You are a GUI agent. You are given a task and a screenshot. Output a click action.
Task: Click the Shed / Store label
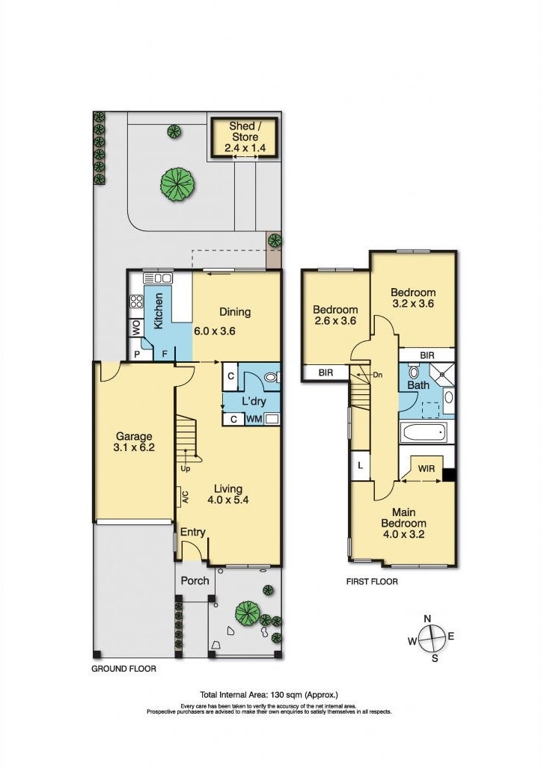[245, 132]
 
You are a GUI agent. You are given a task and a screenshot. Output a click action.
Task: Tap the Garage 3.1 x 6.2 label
[134, 441]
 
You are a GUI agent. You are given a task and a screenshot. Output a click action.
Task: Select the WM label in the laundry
[254, 419]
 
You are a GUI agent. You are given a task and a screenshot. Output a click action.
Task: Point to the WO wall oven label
[136, 328]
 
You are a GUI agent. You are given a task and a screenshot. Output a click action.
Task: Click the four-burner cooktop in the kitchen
[136, 301]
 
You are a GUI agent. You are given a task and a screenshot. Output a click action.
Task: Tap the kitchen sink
[159, 278]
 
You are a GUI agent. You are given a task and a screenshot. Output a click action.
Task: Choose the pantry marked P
[137, 354]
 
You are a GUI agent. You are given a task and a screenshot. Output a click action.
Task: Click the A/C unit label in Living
[186, 496]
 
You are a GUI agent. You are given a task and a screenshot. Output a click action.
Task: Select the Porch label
[195, 580]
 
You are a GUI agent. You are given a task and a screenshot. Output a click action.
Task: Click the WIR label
[427, 469]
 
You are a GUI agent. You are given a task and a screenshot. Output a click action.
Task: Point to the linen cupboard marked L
[360, 465]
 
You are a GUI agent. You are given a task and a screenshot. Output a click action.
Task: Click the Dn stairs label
[377, 376]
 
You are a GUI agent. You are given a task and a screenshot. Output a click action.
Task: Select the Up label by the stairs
[186, 469]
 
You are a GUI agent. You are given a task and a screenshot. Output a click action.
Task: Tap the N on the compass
[427, 619]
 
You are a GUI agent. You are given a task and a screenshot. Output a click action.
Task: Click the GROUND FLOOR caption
[123, 668]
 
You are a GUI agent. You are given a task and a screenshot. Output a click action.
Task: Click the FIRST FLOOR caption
[372, 581]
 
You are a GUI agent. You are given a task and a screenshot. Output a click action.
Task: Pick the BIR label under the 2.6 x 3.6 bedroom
[326, 373]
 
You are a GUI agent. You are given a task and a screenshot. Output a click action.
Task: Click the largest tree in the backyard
[178, 184]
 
